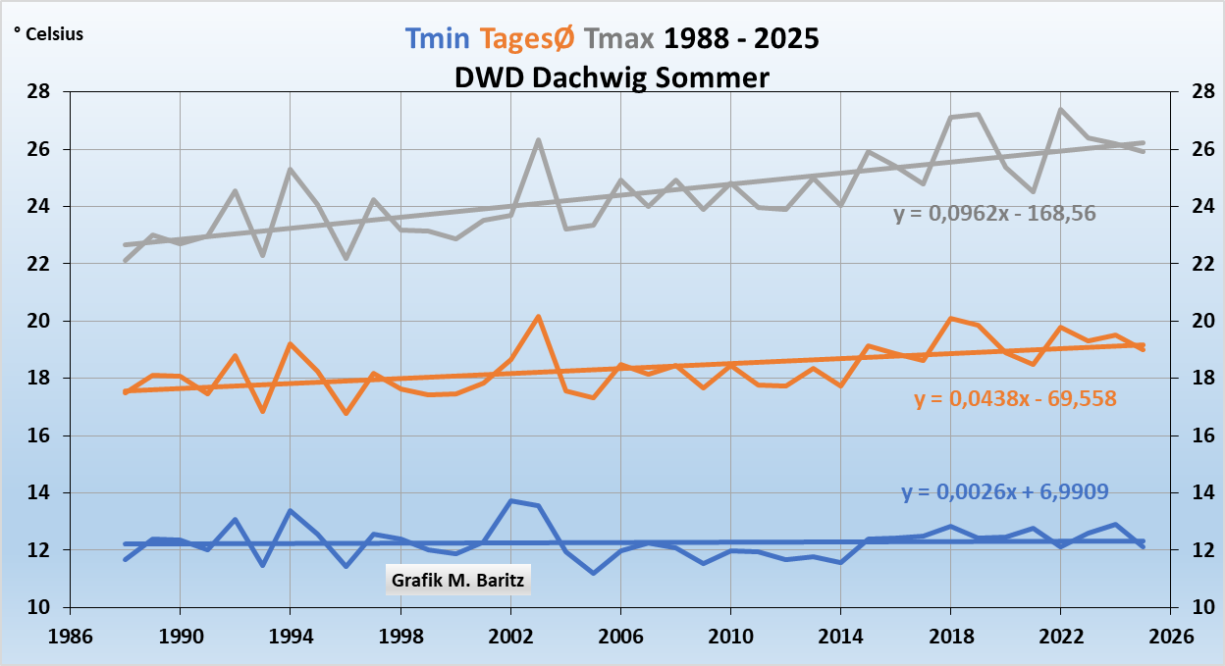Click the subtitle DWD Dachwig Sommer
[612, 77]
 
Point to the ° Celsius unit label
[48, 34]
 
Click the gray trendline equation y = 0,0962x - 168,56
[994, 213]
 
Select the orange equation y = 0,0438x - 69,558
[1015, 399]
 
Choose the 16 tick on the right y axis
[1190, 435]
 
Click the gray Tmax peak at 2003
[539, 140]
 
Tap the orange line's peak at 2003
[539, 317]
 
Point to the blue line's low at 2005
[594, 573]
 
